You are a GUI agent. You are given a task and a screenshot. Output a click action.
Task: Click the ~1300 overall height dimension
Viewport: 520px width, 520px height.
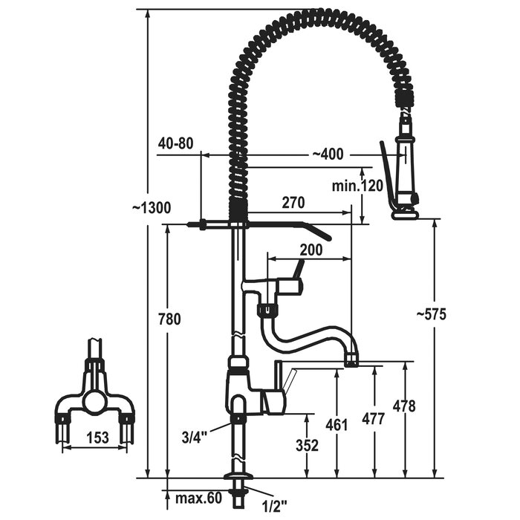(152, 208)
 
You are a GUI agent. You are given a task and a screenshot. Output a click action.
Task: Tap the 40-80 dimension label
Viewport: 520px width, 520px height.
(175, 143)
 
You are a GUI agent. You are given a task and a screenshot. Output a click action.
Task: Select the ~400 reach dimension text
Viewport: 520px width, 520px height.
(328, 155)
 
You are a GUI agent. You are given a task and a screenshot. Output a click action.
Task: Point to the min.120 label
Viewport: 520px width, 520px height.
(357, 186)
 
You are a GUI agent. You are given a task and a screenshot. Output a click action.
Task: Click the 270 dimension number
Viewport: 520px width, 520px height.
(293, 203)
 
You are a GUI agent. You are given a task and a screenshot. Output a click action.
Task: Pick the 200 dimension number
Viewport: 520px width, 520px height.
(311, 250)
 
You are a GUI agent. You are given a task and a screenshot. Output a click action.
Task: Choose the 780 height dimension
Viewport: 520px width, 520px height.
(169, 319)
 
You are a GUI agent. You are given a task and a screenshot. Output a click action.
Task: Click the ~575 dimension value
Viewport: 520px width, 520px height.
(431, 314)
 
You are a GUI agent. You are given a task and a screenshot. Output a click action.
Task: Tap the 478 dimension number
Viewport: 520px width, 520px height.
(403, 406)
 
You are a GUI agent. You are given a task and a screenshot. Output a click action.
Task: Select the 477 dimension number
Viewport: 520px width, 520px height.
(373, 419)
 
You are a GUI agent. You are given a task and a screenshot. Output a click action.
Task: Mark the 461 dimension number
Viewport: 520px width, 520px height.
(337, 425)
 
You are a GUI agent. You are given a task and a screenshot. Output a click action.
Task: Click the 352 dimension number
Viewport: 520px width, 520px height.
(307, 446)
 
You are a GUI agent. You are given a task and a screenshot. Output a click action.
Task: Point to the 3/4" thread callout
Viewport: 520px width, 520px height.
(195, 437)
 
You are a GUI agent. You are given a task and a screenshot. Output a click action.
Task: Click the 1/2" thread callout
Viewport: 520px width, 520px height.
(274, 507)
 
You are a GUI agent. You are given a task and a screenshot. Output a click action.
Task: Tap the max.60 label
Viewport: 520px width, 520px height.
(198, 498)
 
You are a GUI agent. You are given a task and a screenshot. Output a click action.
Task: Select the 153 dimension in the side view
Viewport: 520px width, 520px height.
(97, 438)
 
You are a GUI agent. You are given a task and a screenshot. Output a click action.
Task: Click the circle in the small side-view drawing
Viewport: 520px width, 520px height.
(94, 402)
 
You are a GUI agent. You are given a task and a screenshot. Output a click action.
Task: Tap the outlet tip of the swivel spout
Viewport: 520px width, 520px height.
(351, 360)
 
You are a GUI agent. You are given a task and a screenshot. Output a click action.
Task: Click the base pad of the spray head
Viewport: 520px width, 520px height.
(405, 215)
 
